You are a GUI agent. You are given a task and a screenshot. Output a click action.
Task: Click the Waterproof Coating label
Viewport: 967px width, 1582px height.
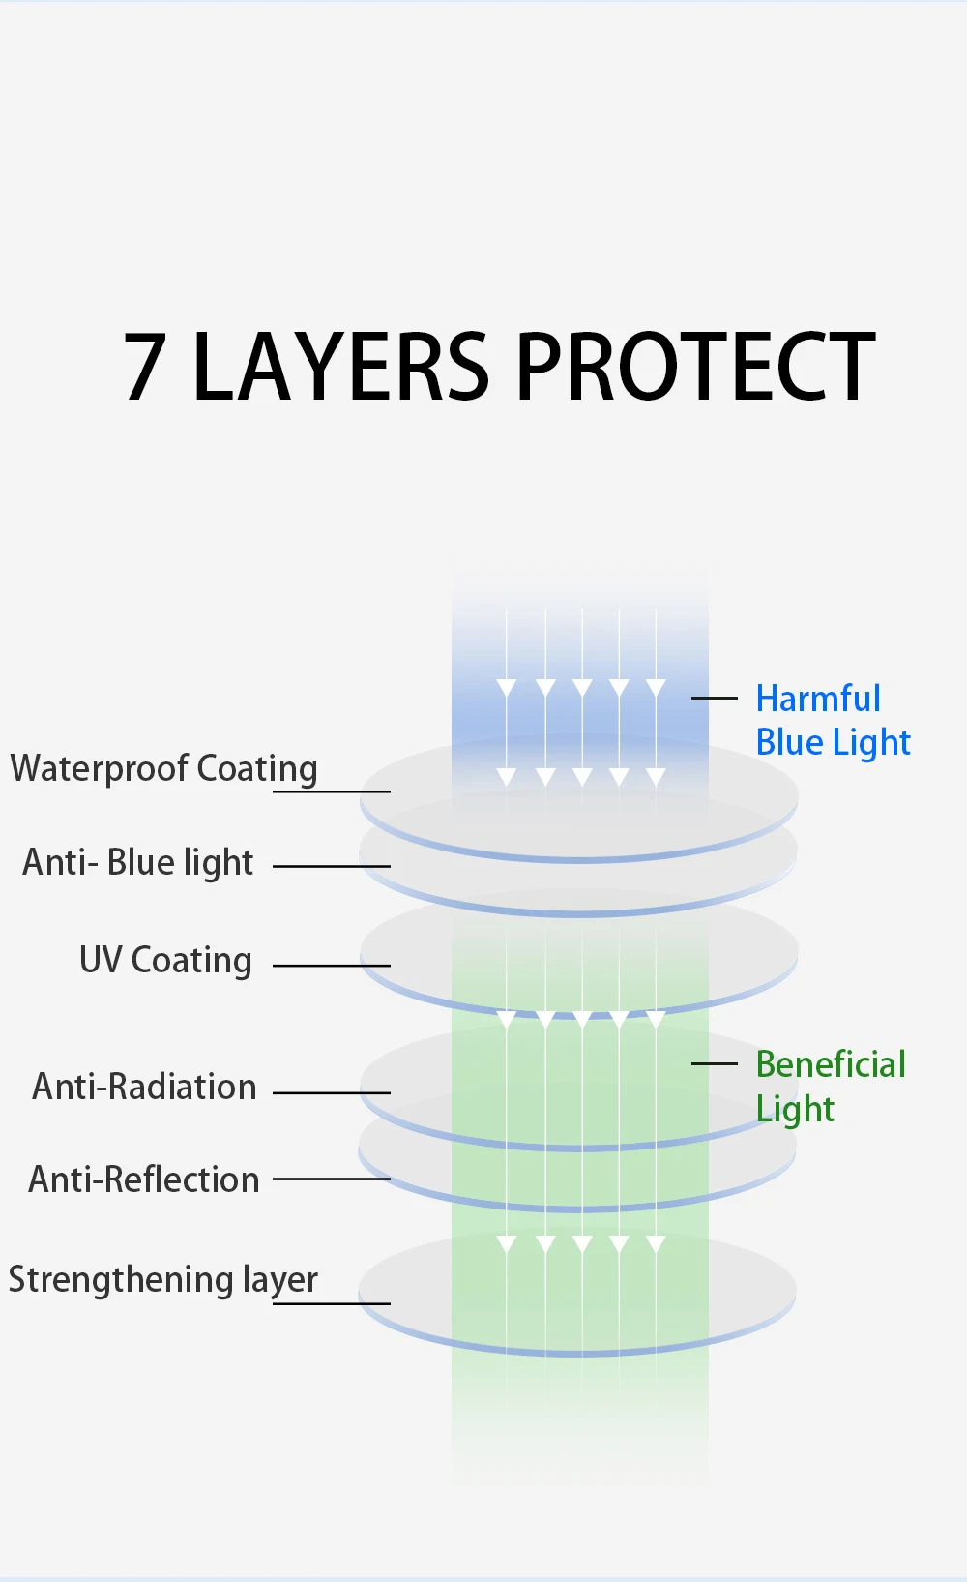(163, 769)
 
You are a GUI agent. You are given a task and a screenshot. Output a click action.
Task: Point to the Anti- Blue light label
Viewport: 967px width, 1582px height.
(137, 862)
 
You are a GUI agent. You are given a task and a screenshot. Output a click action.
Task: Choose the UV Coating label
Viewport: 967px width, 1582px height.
(165, 960)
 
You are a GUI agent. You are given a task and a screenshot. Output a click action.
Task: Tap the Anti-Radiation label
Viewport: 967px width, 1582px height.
(144, 1087)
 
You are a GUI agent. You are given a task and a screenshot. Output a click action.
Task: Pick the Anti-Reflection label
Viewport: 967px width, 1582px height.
(144, 1179)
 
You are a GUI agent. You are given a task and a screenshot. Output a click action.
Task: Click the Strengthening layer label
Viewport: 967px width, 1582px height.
(162, 1280)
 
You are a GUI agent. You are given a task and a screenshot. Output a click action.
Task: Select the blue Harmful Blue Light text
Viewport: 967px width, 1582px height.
(832, 720)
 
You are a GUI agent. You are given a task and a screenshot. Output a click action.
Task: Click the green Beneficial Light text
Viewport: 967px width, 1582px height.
(830, 1086)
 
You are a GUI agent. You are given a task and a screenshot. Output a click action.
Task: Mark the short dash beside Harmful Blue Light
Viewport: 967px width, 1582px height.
(715, 698)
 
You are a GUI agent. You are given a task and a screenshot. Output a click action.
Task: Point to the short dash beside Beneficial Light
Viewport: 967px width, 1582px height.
(715, 1063)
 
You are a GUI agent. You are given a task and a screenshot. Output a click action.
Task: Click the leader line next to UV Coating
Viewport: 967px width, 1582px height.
(332, 965)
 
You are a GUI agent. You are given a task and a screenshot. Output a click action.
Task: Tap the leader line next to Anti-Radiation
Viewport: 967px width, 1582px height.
(332, 1092)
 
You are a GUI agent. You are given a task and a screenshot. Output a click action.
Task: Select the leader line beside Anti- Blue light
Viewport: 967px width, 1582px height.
(332, 866)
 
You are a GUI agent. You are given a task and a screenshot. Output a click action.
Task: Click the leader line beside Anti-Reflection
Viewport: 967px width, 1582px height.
(332, 1179)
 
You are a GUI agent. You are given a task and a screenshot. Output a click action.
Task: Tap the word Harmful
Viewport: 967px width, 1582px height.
(818, 698)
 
